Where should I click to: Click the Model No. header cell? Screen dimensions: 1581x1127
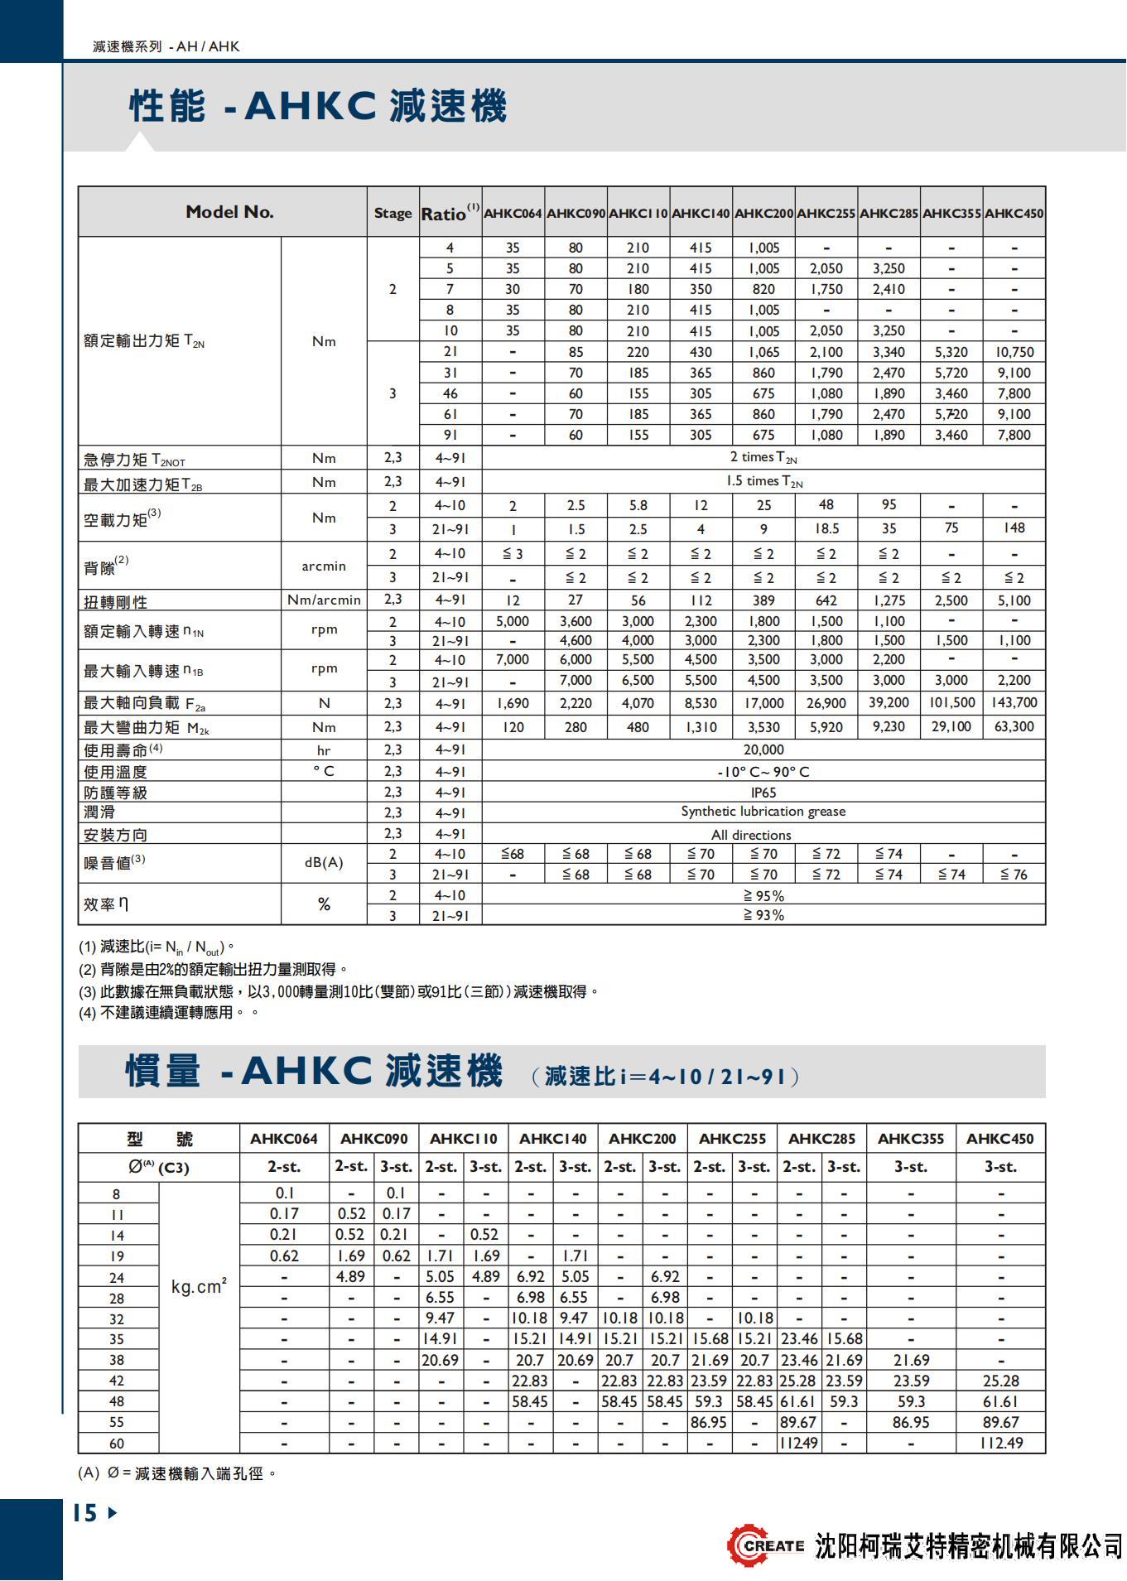pyautogui.click(x=229, y=212)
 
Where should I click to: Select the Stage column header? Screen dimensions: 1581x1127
pyautogui.click(x=393, y=213)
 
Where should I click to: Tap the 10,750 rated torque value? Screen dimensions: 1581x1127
pyautogui.click(x=1014, y=352)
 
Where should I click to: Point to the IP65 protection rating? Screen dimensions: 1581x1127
pyautogui.click(x=763, y=792)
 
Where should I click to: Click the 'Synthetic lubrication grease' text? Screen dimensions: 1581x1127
pyautogui.click(x=763, y=812)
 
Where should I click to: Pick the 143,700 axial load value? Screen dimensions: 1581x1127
pyautogui.click(x=1014, y=703)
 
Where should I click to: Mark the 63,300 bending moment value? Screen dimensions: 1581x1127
pyautogui.click(x=1014, y=727)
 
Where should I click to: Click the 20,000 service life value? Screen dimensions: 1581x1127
pyautogui.click(x=763, y=750)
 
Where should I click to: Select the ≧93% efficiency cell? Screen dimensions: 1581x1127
pyautogui.click(x=763, y=915)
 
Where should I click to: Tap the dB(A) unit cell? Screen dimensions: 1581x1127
pyautogui.click(x=324, y=862)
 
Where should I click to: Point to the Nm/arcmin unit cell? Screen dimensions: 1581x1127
pyautogui.click(x=324, y=600)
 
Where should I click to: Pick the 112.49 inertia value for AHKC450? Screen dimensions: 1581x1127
pyautogui.click(x=1000, y=1443)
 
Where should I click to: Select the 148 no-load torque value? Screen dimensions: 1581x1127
pyautogui.click(x=1014, y=528)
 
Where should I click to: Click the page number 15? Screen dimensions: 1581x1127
pyautogui.click(x=85, y=1513)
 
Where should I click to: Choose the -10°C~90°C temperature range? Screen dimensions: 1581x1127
pyautogui.click(x=763, y=772)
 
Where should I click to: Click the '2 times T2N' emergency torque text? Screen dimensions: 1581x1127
pyautogui.click(x=763, y=457)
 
